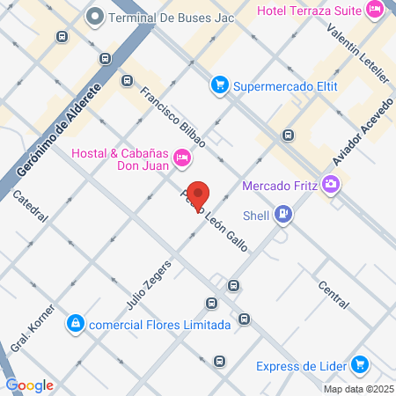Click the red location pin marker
tap(199, 195)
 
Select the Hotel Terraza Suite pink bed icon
tap(376, 11)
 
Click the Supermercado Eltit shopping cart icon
tap(218, 85)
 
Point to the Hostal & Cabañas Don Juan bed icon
tap(182, 158)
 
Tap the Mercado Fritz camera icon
tap(331, 185)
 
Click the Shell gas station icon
tap(282, 213)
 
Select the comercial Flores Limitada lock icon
tap(77, 324)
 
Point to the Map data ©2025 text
tap(357, 388)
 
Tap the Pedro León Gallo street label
tap(216, 220)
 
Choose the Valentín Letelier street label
tap(356, 53)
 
